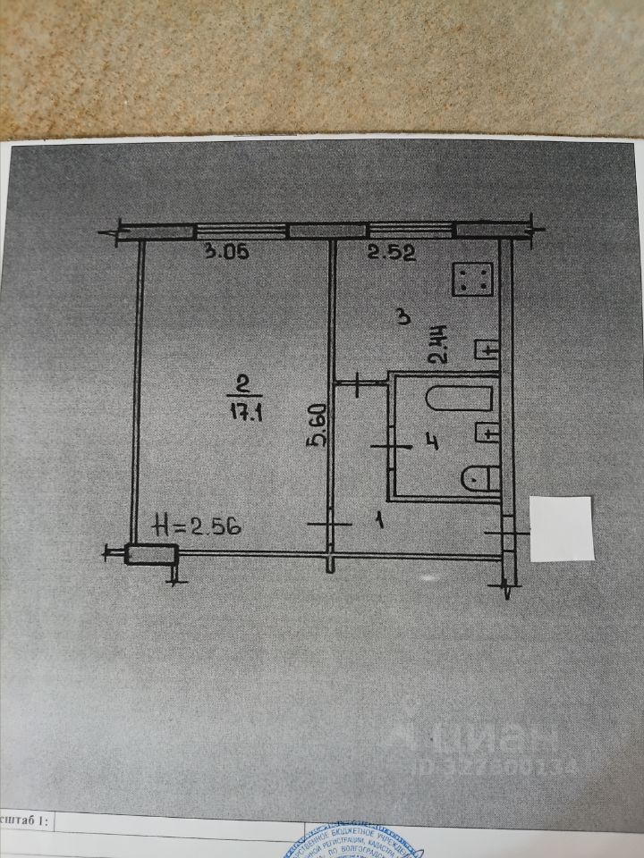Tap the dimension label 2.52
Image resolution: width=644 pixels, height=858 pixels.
[x=392, y=253]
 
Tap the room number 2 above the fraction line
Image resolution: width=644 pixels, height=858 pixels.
[x=242, y=385]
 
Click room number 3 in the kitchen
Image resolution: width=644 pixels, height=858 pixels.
[x=403, y=316]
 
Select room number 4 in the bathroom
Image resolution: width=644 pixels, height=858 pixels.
[x=431, y=442]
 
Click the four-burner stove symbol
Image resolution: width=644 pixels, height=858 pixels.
[x=473, y=278]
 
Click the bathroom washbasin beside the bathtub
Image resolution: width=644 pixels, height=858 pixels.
[x=486, y=432]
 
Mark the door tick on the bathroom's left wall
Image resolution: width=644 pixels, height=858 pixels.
[x=391, y=444]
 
